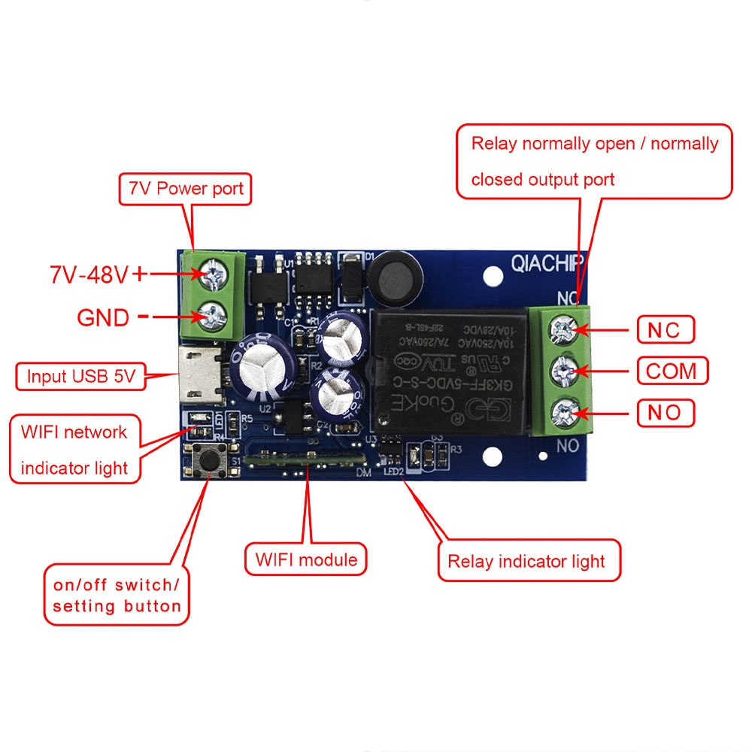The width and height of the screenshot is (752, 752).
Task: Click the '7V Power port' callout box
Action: [x=184, y=188]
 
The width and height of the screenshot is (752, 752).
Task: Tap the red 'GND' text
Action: [x=103, y=317]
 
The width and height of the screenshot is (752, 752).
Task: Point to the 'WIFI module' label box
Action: [x=306, y=559]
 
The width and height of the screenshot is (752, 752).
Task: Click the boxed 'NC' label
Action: [x=665, y=329]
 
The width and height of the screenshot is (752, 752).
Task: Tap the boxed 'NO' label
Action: [x=666, y=412]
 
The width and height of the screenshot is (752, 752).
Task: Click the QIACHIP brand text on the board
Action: [x=547, y=264]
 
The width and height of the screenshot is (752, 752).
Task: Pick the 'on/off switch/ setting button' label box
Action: [x=117, y=595]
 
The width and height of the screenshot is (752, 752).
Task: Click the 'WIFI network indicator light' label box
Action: [x=74, y=450]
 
